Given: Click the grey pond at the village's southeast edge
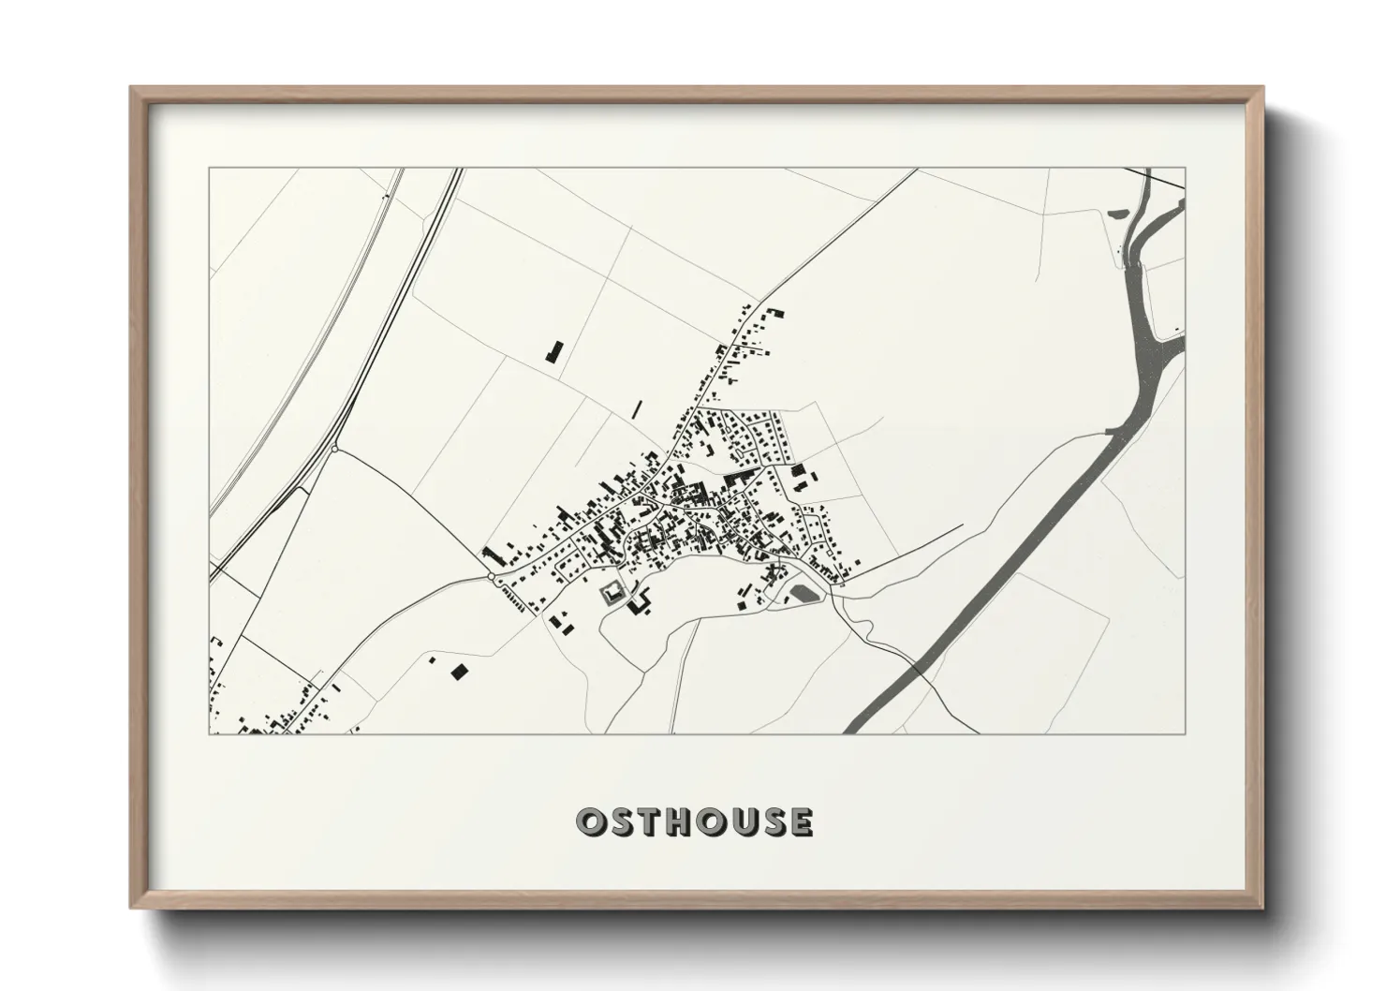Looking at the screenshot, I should pos(804,592).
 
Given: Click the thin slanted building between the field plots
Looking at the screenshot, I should pos(636,408).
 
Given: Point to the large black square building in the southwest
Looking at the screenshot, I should pos(458,671).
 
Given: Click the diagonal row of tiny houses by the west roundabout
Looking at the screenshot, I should pos(517,598).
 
